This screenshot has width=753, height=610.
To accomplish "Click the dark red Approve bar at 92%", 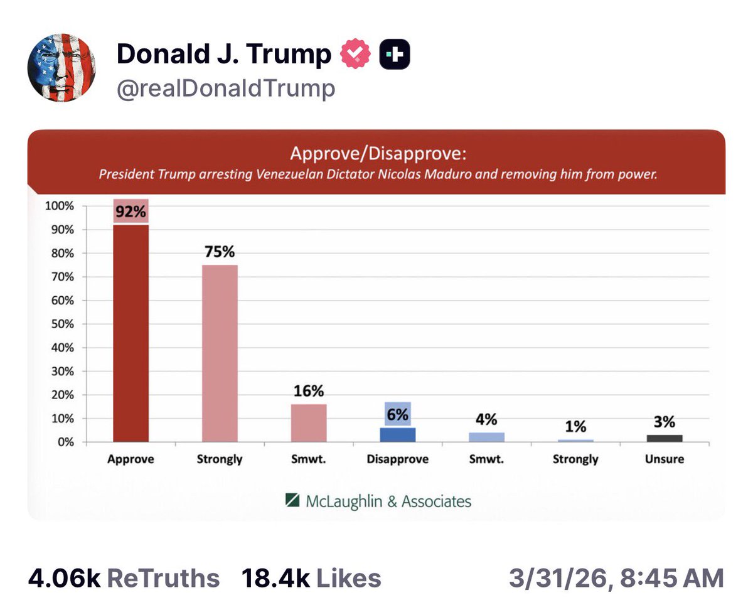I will (131, 333).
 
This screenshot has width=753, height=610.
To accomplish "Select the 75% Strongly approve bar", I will (220, 353).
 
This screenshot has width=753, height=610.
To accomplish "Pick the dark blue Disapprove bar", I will (398, 434).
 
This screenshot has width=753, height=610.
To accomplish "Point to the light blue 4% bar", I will (486, 437).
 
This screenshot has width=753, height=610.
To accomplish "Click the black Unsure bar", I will (665, 438).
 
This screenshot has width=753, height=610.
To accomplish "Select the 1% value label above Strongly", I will (575, 427).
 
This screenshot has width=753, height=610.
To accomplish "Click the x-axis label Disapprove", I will (398, 459).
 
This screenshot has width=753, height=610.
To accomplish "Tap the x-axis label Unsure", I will (665, 459).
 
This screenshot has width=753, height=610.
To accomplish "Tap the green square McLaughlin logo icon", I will (292, 500).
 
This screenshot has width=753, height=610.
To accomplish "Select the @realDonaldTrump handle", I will (226, 88).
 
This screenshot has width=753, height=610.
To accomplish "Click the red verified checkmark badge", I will (355, 55).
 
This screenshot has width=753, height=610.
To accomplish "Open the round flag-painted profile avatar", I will (61, 68).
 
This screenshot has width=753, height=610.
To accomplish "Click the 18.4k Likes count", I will (311, 578).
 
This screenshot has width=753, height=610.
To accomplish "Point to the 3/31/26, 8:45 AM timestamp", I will (616, 578).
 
